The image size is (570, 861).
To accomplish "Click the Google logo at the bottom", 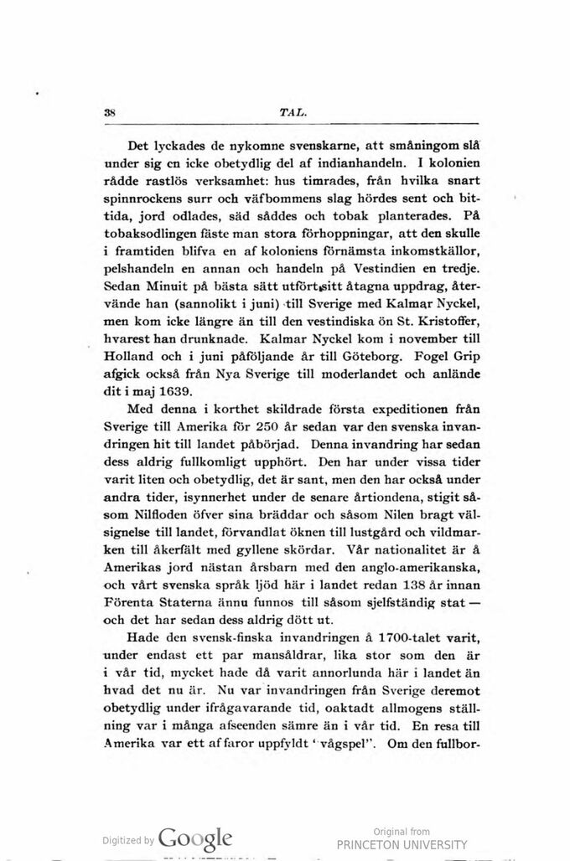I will [x=194, y=839].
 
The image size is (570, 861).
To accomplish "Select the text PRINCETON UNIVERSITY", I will [x=402, y=844].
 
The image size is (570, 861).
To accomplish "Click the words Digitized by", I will [x=127, y=841].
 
